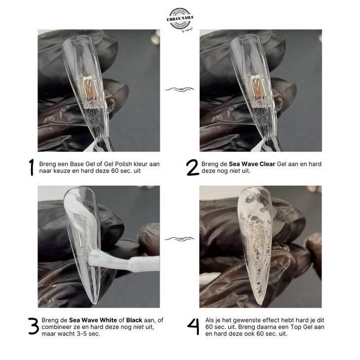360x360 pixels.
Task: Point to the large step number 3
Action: coord(33,326)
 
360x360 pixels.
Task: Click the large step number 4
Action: coord(193,326)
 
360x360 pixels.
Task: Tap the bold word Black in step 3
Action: coord(134,320)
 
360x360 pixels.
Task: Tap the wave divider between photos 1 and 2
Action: coord(180,89)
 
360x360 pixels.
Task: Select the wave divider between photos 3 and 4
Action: coord(180,239)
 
